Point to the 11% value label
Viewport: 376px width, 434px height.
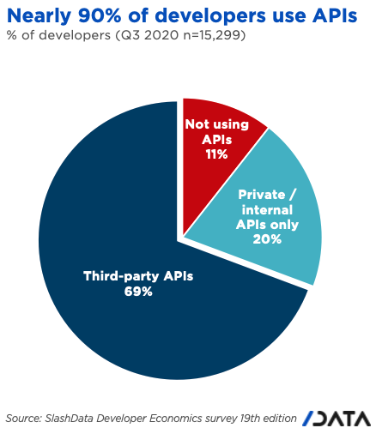(x=216, y=154)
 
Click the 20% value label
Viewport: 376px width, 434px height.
(x=267, y=239)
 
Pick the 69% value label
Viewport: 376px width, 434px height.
(x=138, y=292)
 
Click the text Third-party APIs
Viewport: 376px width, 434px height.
(x=138, y=276)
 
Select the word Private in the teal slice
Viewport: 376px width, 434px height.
(x=262, y=195)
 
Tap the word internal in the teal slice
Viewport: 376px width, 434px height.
(x=267, y=210)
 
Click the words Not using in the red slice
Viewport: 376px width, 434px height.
(x=217, y=124)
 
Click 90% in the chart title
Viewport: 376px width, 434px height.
(x=100, y=15)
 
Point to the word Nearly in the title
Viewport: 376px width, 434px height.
(x=39, y=16)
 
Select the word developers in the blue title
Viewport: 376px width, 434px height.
(x=210, y=16)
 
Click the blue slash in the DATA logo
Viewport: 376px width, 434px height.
(x=308, y=419)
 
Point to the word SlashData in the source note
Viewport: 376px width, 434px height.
(x=70, y=419)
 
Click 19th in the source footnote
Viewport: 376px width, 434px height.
(x=251, y=419)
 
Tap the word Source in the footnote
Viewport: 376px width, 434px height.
(x=24, y=419)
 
